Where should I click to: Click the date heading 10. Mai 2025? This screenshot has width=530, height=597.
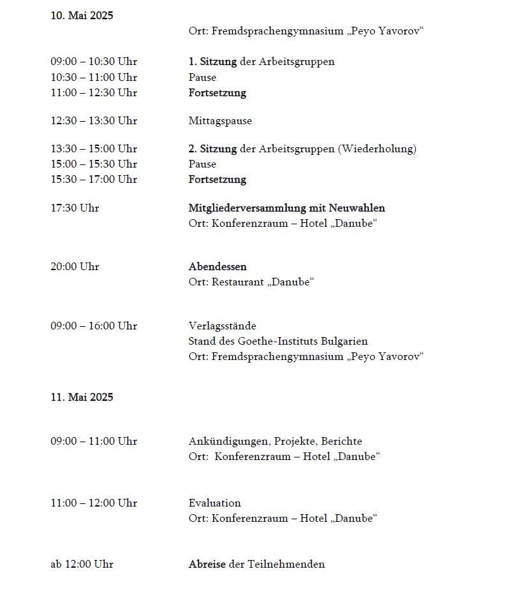click(82, 16)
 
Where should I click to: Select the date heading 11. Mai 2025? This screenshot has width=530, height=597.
click(82, 398)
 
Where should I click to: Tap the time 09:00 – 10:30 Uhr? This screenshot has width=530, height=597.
click(94, 62)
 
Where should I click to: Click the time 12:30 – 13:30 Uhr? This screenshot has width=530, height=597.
click(94, 121)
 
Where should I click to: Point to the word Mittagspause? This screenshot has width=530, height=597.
click(220, 121)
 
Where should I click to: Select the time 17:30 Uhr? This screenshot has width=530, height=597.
click(75, 208)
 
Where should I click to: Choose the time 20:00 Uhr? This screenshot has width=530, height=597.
click(75, 267)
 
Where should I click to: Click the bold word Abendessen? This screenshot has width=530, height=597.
click(217, 267)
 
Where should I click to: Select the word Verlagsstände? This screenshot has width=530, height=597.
click(222, 326)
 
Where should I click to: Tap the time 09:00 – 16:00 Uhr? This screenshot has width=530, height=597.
click(94, 326)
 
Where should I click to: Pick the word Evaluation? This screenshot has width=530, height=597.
click(214, 503)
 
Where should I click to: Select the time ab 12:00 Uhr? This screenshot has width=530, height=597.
click(82, 565)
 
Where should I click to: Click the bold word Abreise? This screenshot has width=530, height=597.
click(207, 565)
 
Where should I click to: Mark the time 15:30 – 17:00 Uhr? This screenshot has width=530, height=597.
click(94, 180)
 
